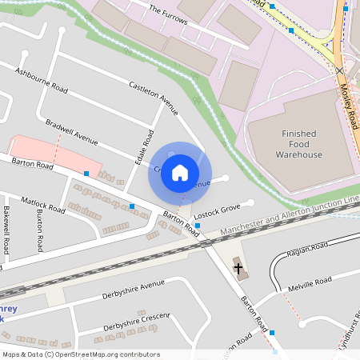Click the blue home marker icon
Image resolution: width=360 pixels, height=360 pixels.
[x=180, y=173]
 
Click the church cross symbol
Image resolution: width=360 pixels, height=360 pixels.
[x=238, y=266]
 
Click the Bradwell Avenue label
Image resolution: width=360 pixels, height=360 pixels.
[x=71, y=132]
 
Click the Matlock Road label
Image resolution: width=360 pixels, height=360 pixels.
[x=43, y=203]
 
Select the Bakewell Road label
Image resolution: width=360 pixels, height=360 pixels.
[x=6, y=229]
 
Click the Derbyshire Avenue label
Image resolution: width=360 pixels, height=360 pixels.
[x=133, y=290]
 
